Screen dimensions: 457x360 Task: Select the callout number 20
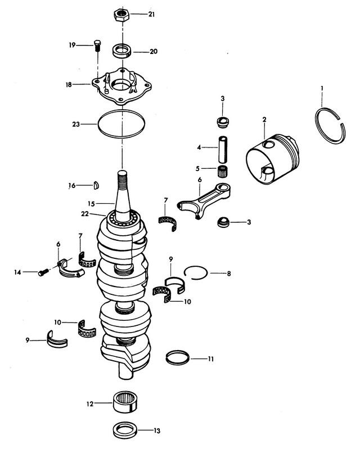click(154, 51)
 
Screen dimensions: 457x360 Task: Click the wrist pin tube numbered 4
click(223, 147)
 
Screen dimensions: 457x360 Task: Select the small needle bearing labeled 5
click(225, 170)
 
